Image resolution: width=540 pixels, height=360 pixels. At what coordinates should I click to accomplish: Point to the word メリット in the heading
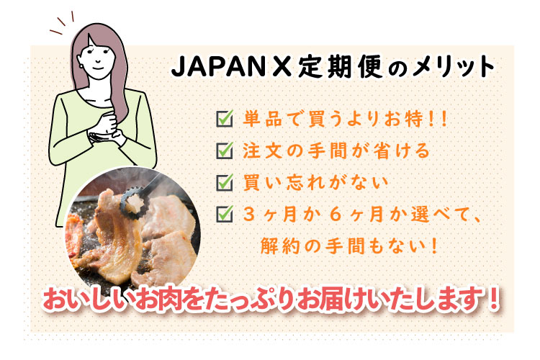455,68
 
